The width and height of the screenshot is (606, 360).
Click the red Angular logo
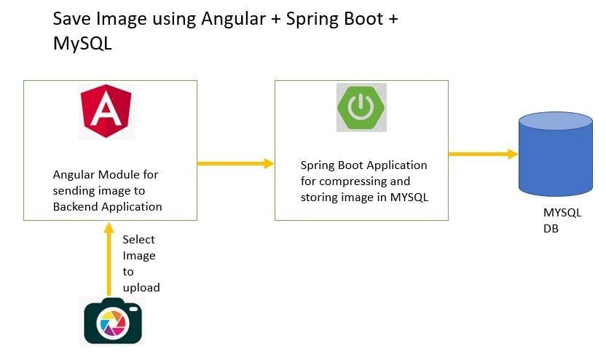click(x=106, y=111)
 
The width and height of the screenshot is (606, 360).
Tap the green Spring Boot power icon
click(x=361, y=107)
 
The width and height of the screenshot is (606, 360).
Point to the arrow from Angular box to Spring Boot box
click(x=235, y=163)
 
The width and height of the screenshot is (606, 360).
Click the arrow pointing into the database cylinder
click(x=482, y=154)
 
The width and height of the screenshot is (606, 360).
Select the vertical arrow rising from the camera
click(x=109, y=259)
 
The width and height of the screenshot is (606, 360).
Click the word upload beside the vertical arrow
click(x=141, y=287)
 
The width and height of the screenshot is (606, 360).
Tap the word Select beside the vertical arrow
click(x=138, y=239)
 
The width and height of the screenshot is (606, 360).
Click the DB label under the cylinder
click(x=551, y=228)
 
